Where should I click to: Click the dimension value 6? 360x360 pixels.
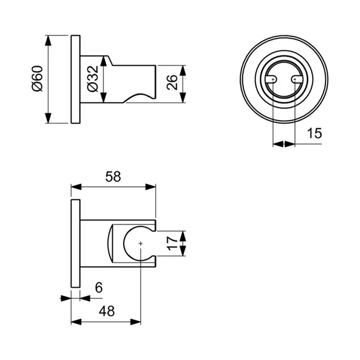pos(99,287)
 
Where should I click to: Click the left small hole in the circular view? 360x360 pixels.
pos(273,79)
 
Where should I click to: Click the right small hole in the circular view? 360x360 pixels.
pos(294,79)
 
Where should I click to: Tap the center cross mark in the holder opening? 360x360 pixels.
pos(140,244)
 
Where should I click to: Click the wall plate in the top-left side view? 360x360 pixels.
pos(75,80)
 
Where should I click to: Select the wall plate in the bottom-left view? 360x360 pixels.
pos(75,243)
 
